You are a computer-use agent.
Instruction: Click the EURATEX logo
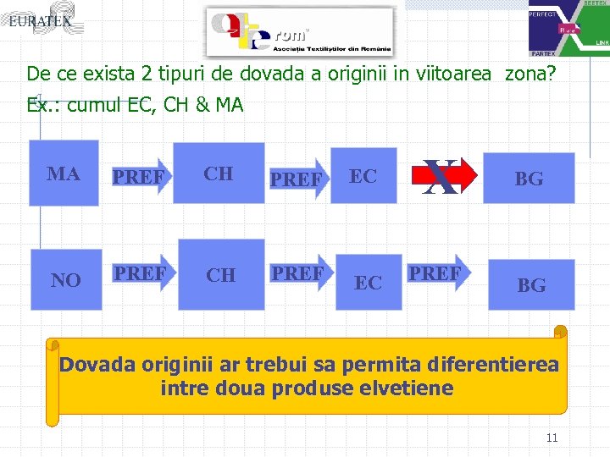(41, 20)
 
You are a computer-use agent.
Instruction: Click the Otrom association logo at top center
(301, 32)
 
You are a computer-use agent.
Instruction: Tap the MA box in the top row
(64, 173)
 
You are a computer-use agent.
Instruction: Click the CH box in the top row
(219, 173)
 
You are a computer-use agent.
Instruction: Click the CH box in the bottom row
(221, 275)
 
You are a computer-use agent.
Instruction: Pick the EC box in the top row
(363, 176)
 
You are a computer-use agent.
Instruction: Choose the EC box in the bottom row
(368, 282)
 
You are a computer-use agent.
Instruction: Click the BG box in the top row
(529, 178)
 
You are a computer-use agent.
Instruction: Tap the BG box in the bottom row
(531, 285)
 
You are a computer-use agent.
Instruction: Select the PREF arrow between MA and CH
(139, 178)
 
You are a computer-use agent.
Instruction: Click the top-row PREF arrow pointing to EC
(297, 179)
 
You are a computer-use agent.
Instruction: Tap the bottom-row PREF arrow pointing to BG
(435, 273)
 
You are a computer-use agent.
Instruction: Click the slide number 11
(552, 438)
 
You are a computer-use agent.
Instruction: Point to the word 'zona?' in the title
(530, 74)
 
